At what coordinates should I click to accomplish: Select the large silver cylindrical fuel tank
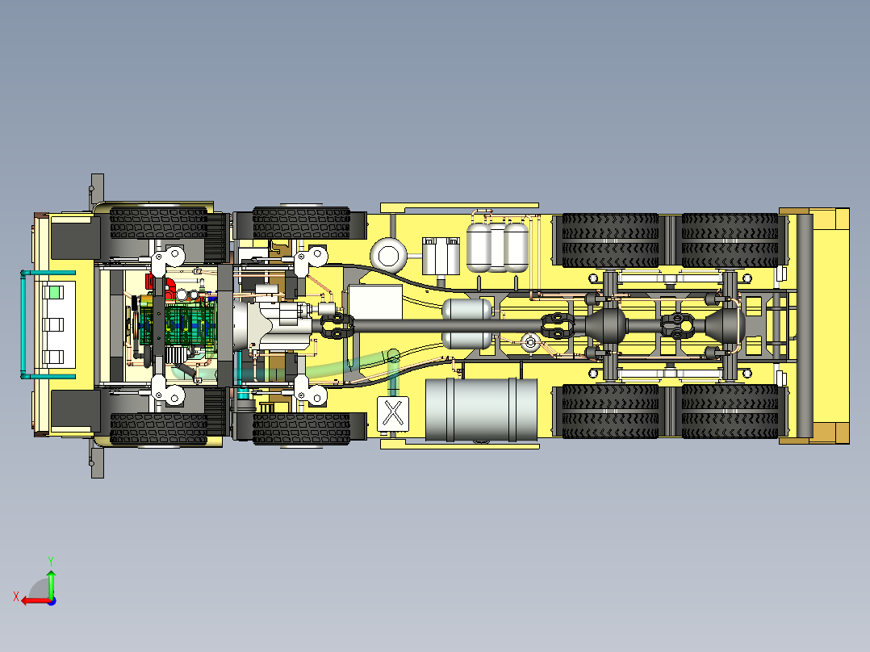(x=481, y=409)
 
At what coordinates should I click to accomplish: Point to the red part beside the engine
(x=152, y=282)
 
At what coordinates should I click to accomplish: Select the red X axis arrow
(x=31, y=600)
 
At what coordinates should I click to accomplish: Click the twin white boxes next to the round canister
(x=441, y=255)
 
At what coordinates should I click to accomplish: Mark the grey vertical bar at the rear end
(x=803, y=324)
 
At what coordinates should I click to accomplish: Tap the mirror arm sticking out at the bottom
(x=97, y=460)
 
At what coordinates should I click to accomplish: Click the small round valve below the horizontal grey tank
(x=530, y=343)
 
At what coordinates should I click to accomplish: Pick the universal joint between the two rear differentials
(x=676, y=324)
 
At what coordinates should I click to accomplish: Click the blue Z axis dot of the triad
(x=52, y=600)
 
